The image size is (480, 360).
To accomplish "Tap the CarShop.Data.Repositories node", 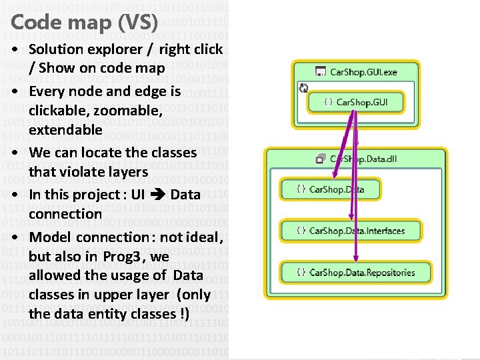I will tap(356, 272).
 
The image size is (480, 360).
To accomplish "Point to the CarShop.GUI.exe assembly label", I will tap(363, 71).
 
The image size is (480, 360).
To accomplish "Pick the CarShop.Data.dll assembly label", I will tap(363, 159).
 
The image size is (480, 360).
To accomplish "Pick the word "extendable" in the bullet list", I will tap(65, 129).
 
